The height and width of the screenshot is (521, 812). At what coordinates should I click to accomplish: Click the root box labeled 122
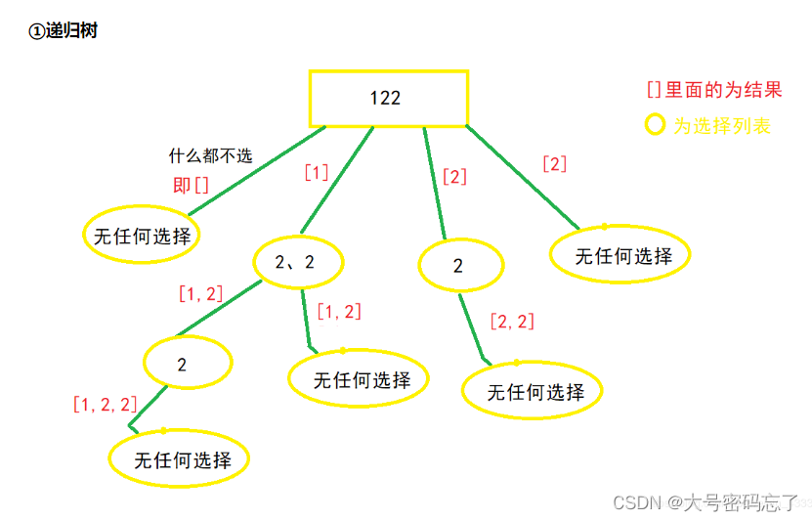388,98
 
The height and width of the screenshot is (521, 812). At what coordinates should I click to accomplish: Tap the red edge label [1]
317,173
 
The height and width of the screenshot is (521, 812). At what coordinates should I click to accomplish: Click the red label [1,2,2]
104,403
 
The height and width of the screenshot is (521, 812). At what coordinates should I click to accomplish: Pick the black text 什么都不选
210,155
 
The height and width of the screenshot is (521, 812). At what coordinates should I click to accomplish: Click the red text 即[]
191,185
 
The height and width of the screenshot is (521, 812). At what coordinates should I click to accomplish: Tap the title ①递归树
64,31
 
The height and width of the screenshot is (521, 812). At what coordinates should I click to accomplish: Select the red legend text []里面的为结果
713,90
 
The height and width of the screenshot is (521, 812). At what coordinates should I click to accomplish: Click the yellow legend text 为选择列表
722,126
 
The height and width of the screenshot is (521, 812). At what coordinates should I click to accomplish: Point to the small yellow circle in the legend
655,126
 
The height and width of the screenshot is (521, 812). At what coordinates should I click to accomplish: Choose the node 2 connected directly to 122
459,266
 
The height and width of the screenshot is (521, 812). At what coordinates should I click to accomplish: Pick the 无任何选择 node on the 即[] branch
142,235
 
